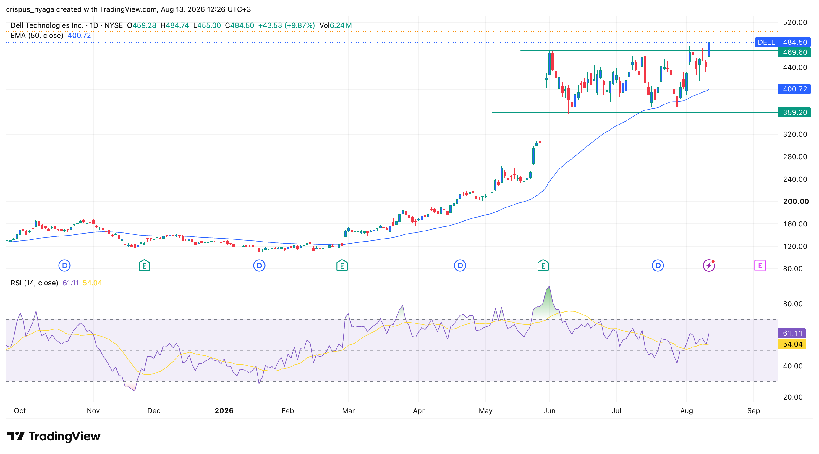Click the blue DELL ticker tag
coord(766,42)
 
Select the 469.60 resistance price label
coord(794,52)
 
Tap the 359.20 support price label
coord(794,112)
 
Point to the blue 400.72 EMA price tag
coord(794,89)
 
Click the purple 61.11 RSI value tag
coord(792,333)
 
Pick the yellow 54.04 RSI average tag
coord(792,344)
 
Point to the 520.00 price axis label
coord(795,22)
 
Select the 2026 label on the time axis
coord(224,411)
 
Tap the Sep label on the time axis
coord(753,411)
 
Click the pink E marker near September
coord(760,265)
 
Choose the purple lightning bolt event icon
coord(709,265)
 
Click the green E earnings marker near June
coord(543,265)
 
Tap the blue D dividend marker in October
coord(64,265)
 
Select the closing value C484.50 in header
coord(239,25)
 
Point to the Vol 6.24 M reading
coord(335,25)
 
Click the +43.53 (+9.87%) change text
coord(287,25)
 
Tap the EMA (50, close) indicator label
coord(37,35)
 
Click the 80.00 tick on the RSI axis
coord(793,304)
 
